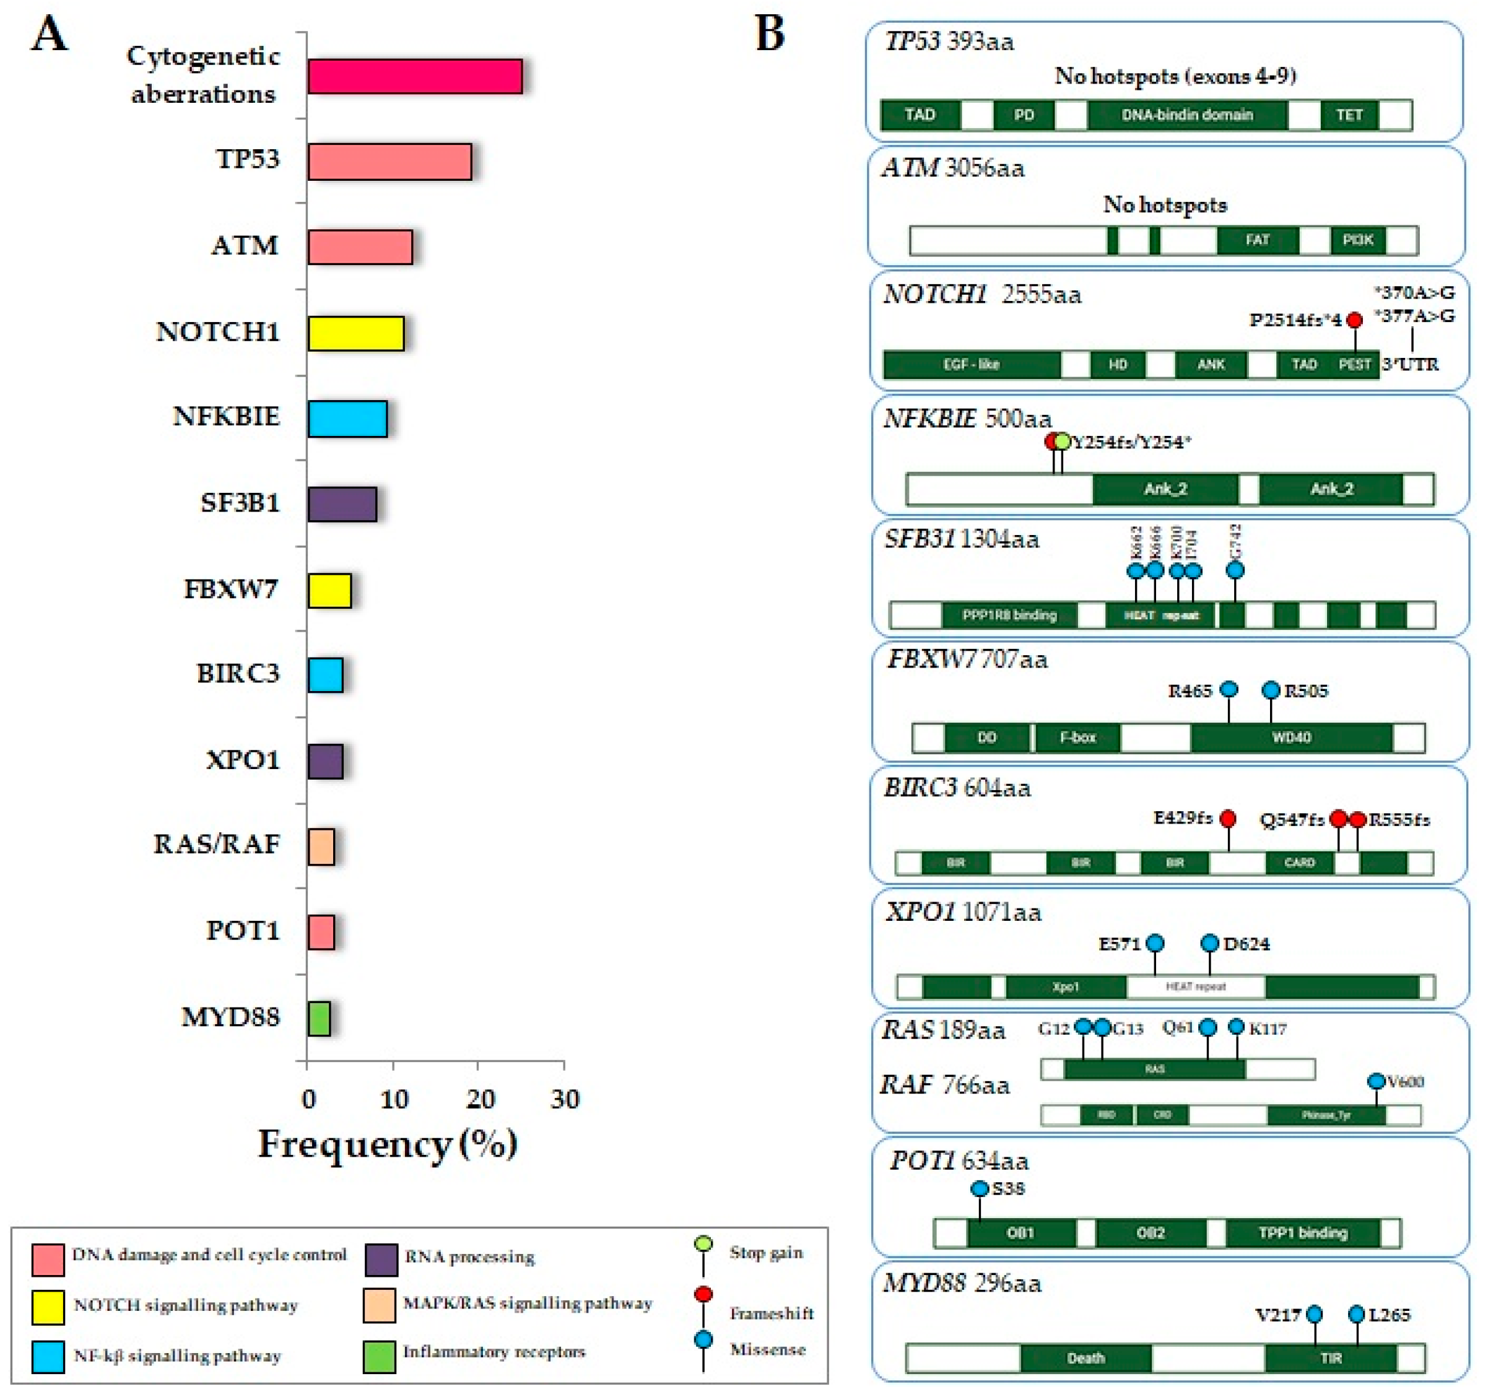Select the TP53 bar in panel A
389,162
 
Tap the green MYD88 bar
319,1018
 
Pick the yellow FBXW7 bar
329,590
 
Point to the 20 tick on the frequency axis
479,1099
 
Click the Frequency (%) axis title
388,1144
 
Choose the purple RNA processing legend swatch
381,1260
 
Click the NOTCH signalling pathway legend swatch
48,1307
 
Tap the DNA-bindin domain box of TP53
1186,115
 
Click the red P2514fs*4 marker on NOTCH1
1354,320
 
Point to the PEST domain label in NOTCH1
1354,365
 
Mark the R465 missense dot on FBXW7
1229,689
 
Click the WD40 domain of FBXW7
1291,738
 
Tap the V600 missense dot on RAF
1376,1081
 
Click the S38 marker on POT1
979,1189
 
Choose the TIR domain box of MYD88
1330,1358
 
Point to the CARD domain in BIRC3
1299,863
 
